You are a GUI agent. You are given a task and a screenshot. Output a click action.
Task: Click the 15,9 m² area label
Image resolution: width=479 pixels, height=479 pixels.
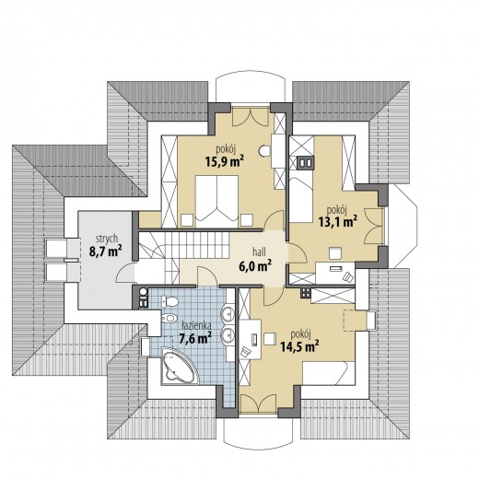tap(225, 161)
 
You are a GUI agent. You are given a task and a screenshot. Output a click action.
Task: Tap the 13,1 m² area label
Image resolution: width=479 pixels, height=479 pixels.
tap(338, 221)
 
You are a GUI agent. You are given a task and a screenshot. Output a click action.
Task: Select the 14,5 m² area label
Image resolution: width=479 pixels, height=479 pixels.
tap(299, 345)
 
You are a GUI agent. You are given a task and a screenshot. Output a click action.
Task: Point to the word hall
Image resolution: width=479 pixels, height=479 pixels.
tap(259, 252)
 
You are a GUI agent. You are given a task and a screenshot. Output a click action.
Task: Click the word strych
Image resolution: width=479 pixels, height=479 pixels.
tap(107, 239)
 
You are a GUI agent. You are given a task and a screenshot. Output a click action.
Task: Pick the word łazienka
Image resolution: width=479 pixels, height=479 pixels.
tap(195, 325)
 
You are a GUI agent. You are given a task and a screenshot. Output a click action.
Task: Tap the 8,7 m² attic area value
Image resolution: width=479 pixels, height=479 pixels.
tap(105, 251)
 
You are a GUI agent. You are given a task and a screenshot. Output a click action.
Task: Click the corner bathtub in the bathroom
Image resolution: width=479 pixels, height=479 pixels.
tap(180, 367)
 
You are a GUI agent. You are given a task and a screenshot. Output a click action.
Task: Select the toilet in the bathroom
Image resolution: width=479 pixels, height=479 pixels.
tap(169, 301)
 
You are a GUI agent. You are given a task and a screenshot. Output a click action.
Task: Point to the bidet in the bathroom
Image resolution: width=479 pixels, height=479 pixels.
tap(169, 318)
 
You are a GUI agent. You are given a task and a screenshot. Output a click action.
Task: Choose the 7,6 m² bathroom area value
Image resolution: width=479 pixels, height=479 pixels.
tap(195, 337)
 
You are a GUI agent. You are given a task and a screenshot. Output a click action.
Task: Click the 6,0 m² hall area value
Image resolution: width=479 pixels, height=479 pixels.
tap(255, 265)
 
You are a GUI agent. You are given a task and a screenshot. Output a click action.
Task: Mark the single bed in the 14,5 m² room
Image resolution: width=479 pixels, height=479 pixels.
tap(329, 373)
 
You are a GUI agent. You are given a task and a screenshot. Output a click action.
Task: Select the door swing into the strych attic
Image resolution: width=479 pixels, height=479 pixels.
tap(125, 273)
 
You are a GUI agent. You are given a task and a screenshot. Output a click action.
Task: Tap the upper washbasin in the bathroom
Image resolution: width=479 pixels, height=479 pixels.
tap(228, 312)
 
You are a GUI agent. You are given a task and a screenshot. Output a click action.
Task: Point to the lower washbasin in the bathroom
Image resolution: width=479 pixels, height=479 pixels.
tap(228, 334)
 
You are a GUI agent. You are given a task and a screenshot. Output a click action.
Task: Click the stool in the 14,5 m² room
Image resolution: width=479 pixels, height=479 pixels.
tap(270, 339)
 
